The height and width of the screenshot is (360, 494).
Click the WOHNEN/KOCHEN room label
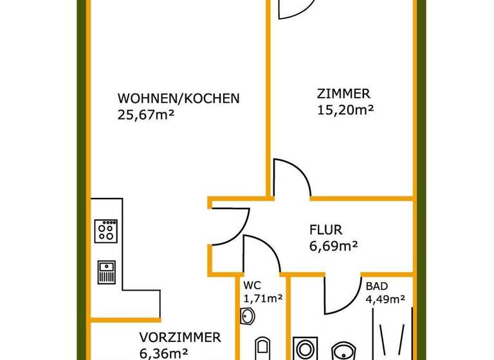178,99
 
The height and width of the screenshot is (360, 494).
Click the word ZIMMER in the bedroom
343,93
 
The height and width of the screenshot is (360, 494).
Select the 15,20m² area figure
346,109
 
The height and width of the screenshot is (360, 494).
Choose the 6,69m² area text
334,245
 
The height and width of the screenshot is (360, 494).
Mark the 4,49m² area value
385,298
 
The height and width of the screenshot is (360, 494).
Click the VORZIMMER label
181,337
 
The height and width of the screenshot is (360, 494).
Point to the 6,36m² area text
163,352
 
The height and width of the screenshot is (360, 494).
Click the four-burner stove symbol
106,230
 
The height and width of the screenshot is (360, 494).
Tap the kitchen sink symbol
106,271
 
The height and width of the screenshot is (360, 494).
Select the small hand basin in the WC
248,316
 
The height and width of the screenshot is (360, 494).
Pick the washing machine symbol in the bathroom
303,348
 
